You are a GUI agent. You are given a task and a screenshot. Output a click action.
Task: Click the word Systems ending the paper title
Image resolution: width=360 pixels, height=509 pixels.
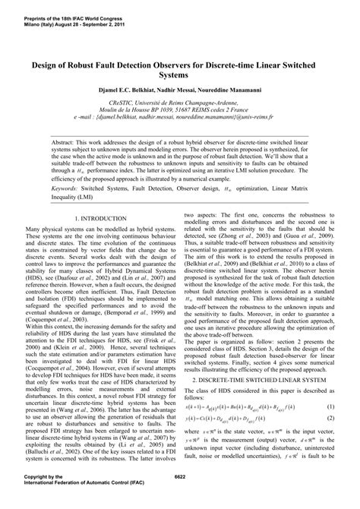click(180, 76)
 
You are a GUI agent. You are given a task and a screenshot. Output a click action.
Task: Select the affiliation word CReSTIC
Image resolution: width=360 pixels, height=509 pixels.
click(128, 104)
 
